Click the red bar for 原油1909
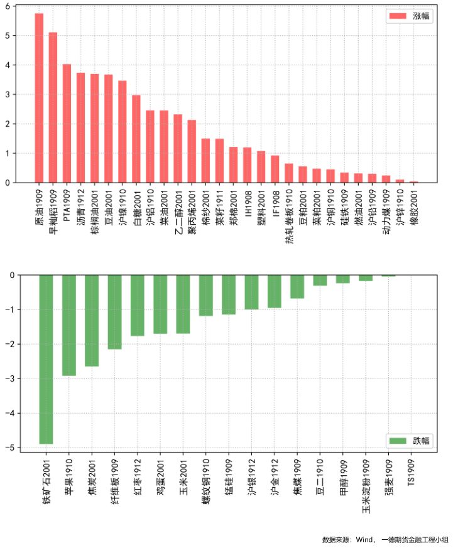pos(39,98)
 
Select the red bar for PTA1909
pos(67,124)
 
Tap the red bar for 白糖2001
pos(136,139)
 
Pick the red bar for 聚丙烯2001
pos(192,151)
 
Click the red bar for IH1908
pos(248,165)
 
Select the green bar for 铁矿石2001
pos(46,359)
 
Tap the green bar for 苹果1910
pos(69,325)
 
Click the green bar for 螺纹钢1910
pos(206,295)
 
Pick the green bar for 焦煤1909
pos(297,287)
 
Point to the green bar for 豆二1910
pos(320,281)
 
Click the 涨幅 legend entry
pos(409,16)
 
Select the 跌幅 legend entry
pos(409,441)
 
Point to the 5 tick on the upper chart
pos(8,36)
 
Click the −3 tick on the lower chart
pos(10,379)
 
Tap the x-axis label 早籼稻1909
pos(53,212)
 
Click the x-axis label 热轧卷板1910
pos(289,217)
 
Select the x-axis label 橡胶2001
pos(414,207)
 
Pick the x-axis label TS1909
pos(411,473)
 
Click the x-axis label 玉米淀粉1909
pos(366,486)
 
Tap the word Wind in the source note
pos(364,540)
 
